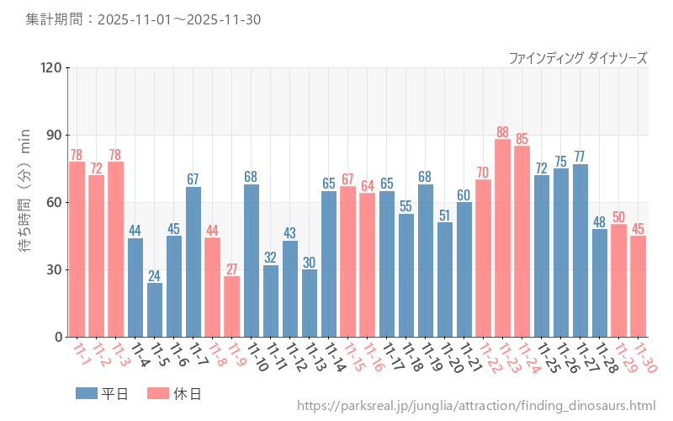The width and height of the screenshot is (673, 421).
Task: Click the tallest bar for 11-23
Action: tap(502, 238)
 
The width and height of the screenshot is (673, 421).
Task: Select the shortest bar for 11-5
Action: tap(155, 310)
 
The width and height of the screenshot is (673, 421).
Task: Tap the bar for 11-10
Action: tap(252, 261)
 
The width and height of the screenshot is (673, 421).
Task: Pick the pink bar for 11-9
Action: tap(232, 306)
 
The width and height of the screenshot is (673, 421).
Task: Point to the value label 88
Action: tap(502, 132)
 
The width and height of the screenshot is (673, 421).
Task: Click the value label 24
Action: tap(155, 275)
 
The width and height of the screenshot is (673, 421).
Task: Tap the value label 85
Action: tap(522, 139)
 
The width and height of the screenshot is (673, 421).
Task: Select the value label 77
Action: tap(580, 157)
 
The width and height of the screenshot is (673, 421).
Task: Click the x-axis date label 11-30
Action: tap(646, 357)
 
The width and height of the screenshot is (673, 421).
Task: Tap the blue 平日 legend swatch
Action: tap(87, 393)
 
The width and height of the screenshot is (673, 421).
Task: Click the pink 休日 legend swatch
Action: tap(158, 393)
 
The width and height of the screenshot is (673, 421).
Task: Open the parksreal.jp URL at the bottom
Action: tap(476, 407)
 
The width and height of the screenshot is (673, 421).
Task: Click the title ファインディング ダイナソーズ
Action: tap(578, 58)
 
